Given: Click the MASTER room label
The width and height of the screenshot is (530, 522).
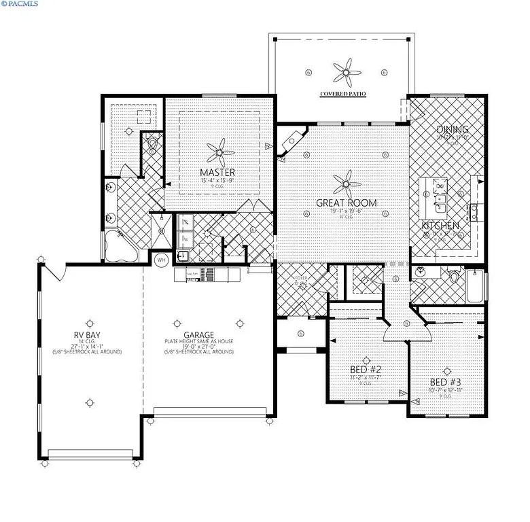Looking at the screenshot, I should point(217,172).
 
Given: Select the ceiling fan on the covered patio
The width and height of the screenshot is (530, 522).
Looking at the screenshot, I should point(346,70).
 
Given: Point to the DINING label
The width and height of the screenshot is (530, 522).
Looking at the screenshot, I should point(452,129).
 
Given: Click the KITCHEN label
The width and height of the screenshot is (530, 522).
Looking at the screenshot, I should point(440,225).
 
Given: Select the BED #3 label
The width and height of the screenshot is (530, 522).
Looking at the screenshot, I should point(445,381).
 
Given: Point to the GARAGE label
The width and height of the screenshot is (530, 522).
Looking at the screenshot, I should point(198,334).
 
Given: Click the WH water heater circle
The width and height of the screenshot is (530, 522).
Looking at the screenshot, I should point(162,260).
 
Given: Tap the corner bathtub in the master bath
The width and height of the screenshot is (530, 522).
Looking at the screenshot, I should point(119,245).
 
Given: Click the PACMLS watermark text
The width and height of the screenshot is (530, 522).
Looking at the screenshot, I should point(20,4).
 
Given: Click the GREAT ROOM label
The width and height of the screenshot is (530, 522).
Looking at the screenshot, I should point(346,203).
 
